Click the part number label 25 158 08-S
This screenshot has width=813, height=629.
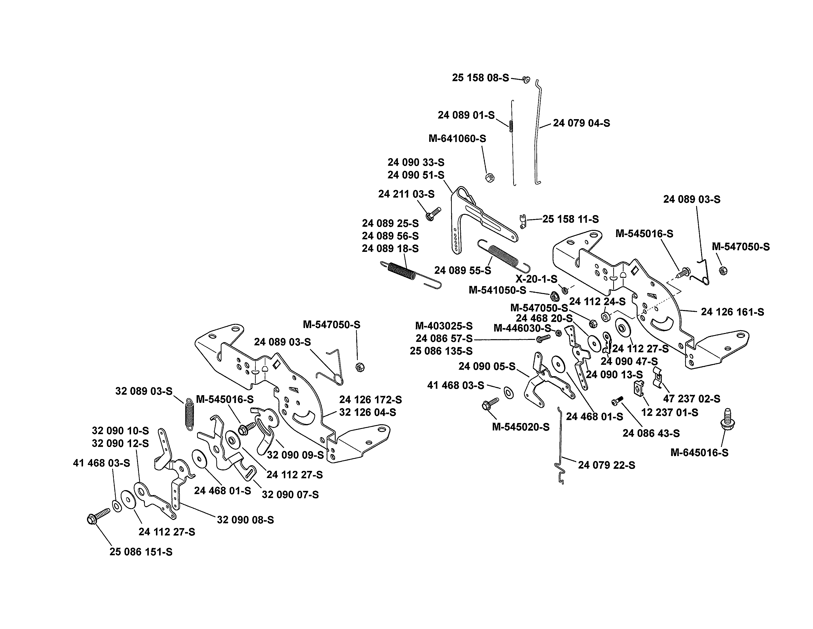pyautogui.click(x=480, y=78)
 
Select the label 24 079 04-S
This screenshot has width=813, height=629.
pyautogui.click(x=581, y=123)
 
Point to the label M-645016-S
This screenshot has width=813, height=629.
pyautogui.click(x=699, y=453)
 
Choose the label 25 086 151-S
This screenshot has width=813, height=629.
pyautogui.click(x=141, y=552)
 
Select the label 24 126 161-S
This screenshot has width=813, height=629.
pyautogui.click(x=732, y=312)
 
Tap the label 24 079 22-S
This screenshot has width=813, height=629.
pyautogui.click(x=606, y=465)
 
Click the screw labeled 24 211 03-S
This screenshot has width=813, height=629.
pyautogui.click(x=433, y=214)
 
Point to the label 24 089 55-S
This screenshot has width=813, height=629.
pyautogui.click(x=463, y=271)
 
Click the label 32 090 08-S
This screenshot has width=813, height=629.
pyautogui.click(x=245, y=520)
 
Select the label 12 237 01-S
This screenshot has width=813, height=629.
pyautogui.click(x=670, y=412)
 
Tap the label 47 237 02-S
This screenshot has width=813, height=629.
pyautogui.click(x=691, y=399)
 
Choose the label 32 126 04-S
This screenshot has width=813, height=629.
pyautogui.click(x=367, y=412)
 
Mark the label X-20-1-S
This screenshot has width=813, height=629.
pyautogui.click(x=536, y=279)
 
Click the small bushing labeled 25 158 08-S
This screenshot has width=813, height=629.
pyautogui.click(x=526, y=79)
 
